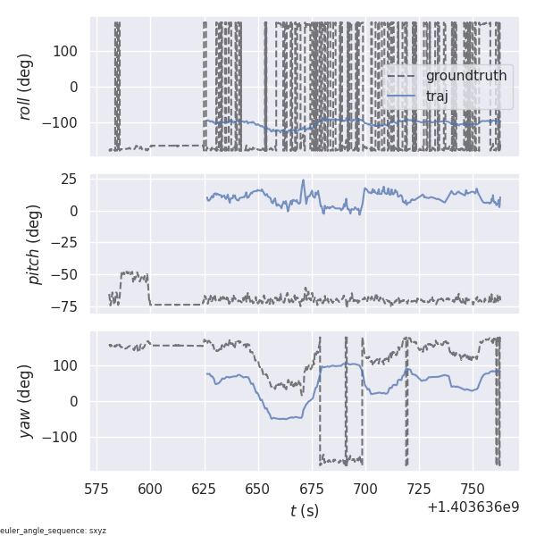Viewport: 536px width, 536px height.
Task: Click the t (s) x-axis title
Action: (x=305, y=511)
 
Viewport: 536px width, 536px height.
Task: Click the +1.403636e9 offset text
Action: (x=473, y=507)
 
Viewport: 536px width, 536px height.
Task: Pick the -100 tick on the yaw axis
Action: (x=63, y=437)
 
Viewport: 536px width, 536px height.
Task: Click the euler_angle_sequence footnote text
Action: (x=54, y=531)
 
